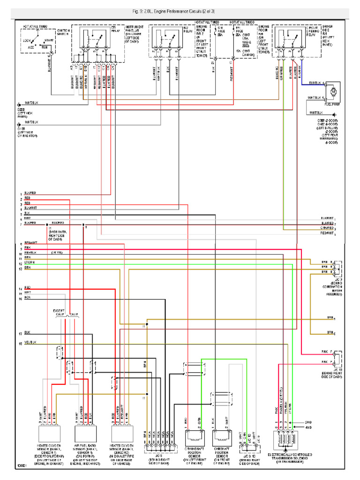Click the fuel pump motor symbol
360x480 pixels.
(x=334, y=92)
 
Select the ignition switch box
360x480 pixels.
(x=39, y=40)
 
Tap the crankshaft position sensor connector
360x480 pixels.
(x=194, y=439)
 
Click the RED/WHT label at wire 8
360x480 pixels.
(x=30, y=243)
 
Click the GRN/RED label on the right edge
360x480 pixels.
(x=327, y=228)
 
